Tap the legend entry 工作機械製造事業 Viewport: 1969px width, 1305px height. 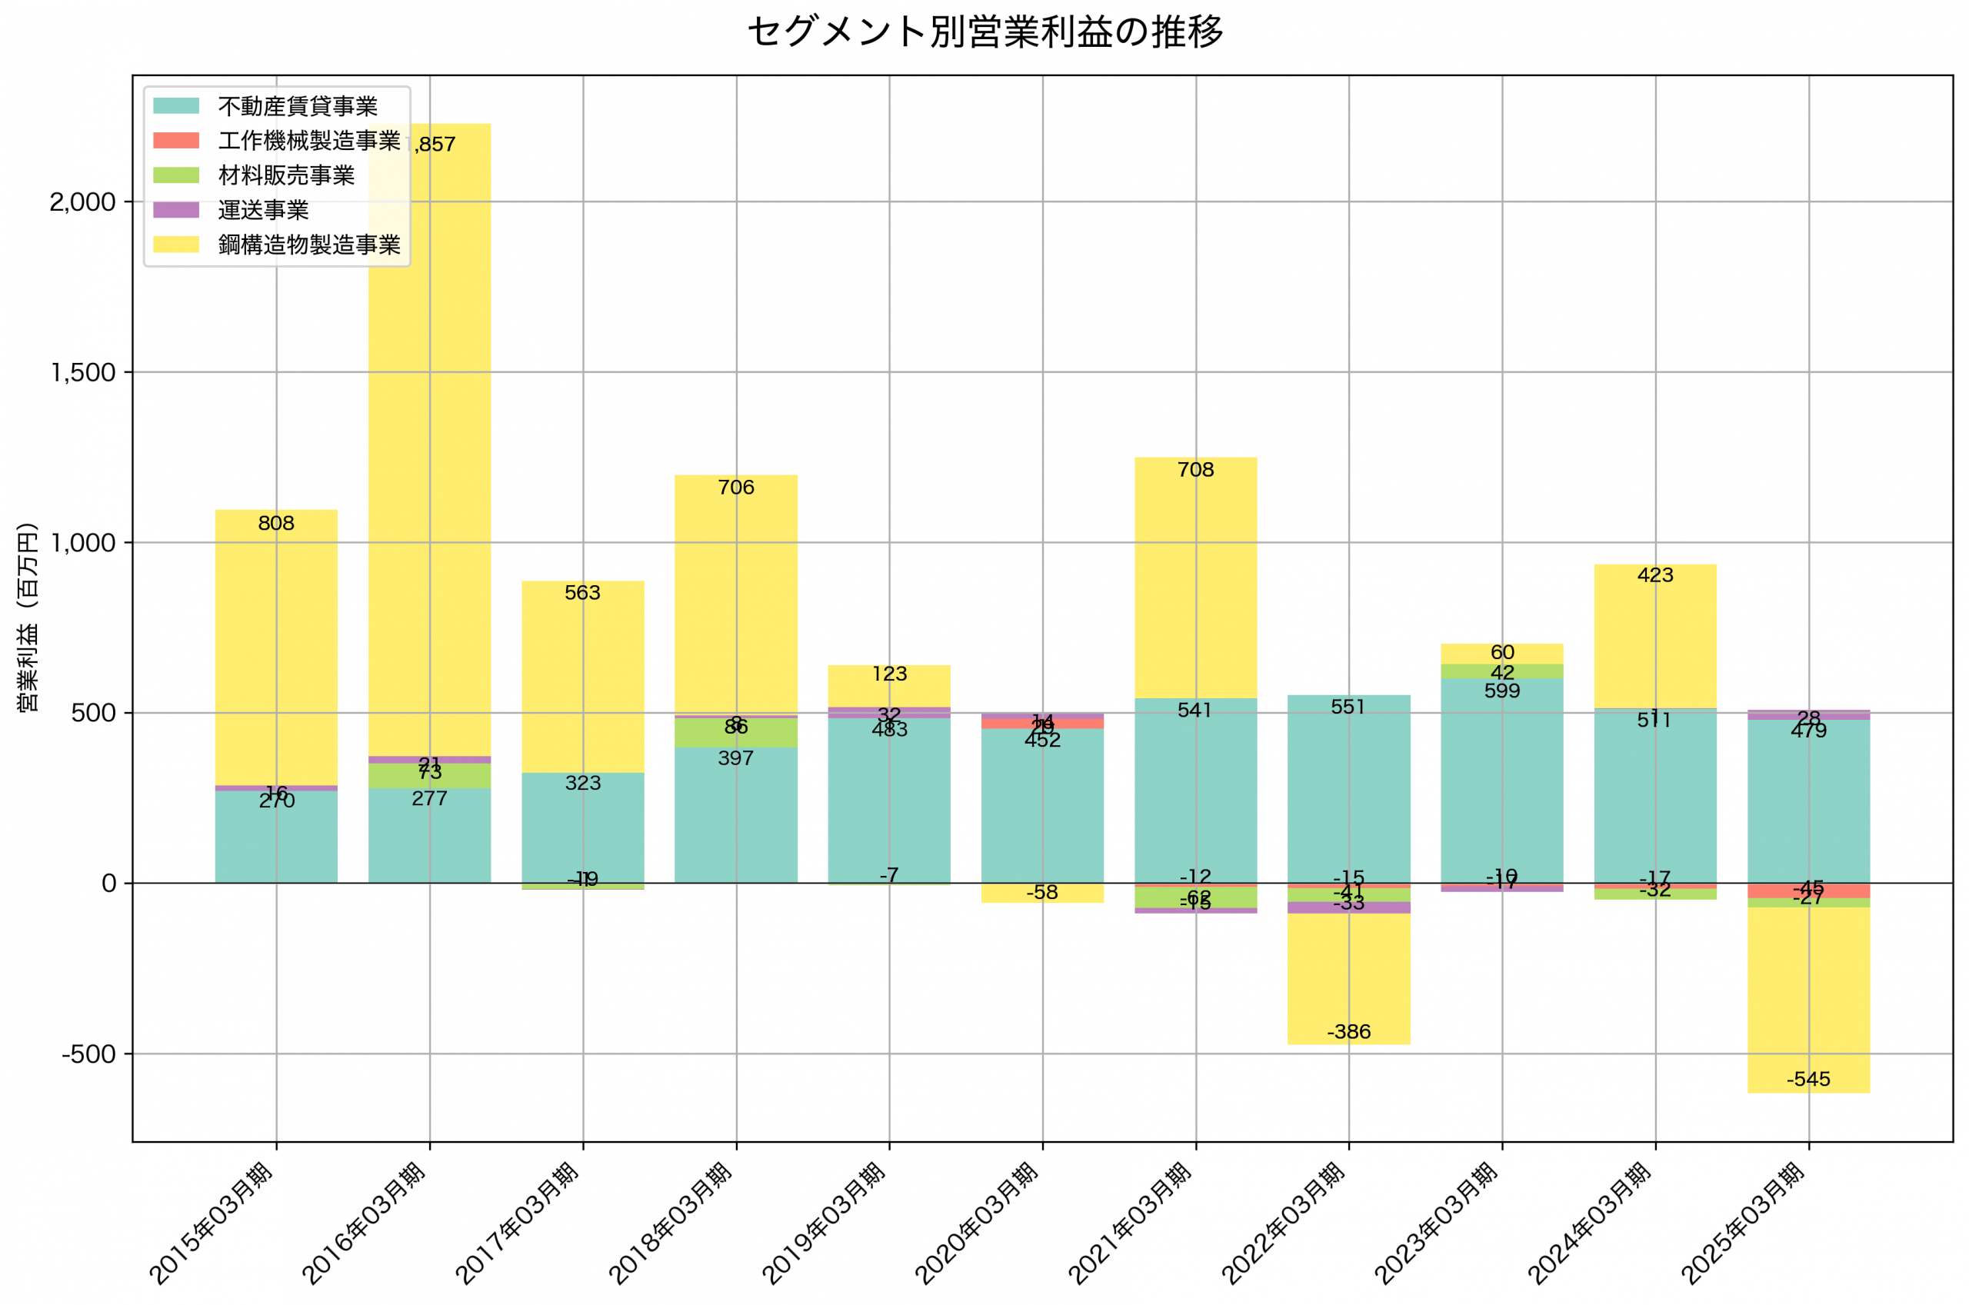point(308,141)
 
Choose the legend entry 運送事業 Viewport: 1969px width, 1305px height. point(263,210)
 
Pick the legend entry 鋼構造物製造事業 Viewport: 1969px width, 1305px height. point(308,245)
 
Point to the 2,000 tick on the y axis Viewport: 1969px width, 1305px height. point(82,202)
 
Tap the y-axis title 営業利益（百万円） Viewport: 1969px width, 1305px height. point(28,617)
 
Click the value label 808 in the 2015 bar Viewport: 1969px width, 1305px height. point(276,524)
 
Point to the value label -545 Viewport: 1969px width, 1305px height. point(1808,1080)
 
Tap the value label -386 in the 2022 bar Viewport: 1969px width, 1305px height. point(1348,1032)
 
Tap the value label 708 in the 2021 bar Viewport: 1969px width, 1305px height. point(1195,470)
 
